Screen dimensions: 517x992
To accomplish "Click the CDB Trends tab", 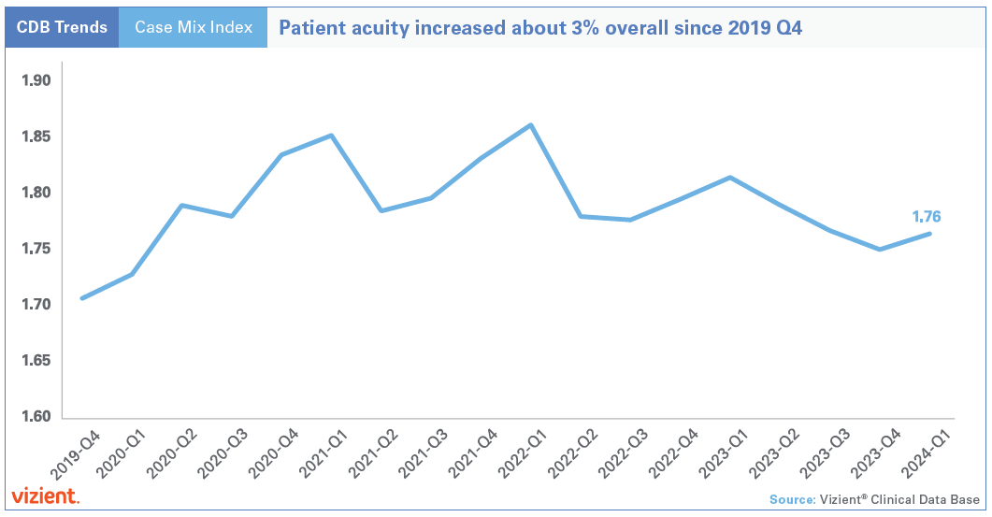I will tap(62, 28).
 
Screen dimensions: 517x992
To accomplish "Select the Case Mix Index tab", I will tap(194, 28).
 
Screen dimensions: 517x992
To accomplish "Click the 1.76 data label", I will tap(926, 217).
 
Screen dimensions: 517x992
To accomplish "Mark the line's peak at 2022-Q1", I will tap(530, 124).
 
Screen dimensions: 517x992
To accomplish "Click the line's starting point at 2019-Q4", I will tap(82, 298).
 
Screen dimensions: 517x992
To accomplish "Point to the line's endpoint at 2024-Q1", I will tap(929, 234).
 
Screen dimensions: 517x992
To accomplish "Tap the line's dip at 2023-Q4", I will tap(880, 250).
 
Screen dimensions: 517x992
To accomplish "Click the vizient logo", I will tap(45, 495).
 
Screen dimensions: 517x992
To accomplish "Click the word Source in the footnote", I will tap(792, 499).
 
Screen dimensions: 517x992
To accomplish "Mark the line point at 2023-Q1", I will tap(730, 178).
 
